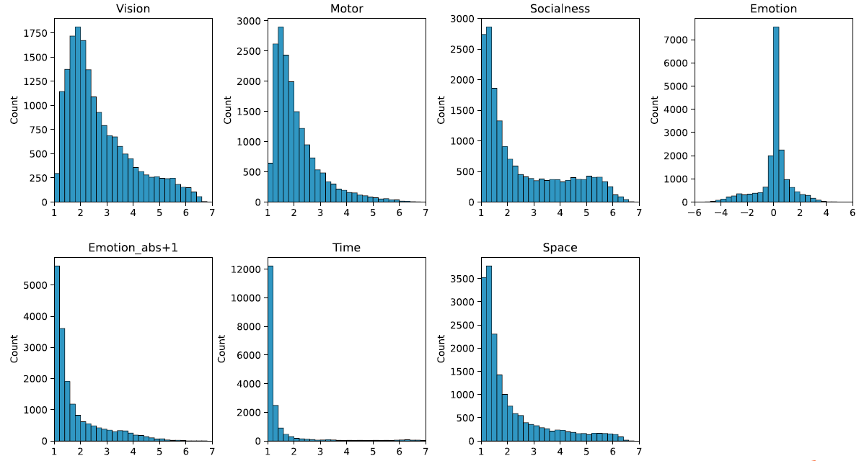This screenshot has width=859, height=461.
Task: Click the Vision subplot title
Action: click(x=133, y=9)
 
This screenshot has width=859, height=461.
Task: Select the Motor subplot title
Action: click(x=346, y=9)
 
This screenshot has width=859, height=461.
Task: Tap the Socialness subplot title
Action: click(x=560, y=9)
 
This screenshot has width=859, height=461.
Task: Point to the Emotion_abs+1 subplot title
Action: click(x=133, y=248)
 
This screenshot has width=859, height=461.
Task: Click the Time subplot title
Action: click(x=346, y=248)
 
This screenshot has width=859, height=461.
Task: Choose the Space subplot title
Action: click(x=560, y=248)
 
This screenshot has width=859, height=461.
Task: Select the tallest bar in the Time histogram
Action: click(x=270, y=353)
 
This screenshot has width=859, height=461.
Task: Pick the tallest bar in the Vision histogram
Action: click(x=77, y=115)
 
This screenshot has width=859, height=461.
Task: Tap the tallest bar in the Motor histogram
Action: click(x=281, y=115)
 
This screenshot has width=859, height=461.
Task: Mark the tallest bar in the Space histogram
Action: click(x=489, y=353)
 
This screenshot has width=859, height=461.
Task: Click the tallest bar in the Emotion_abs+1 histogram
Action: click(x=57, y=353)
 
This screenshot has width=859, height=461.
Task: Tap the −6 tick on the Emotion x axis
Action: click(x=695, y=213)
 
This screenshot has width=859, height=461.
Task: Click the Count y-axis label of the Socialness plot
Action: click(x=441, y=110)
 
